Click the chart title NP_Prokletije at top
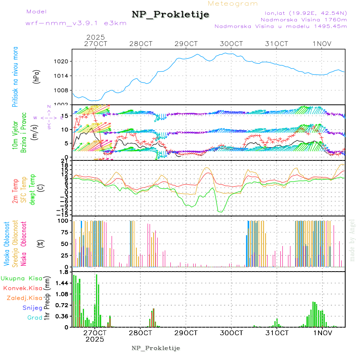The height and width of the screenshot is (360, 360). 170,15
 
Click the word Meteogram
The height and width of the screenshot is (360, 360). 233,4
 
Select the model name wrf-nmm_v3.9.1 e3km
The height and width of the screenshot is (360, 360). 76,23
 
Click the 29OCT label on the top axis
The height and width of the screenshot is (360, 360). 186,44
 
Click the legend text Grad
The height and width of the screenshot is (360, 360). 34,318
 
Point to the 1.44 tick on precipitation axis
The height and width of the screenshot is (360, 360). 62,283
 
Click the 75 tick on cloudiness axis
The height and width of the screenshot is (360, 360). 64,232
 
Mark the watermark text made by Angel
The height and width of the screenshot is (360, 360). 352,240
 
